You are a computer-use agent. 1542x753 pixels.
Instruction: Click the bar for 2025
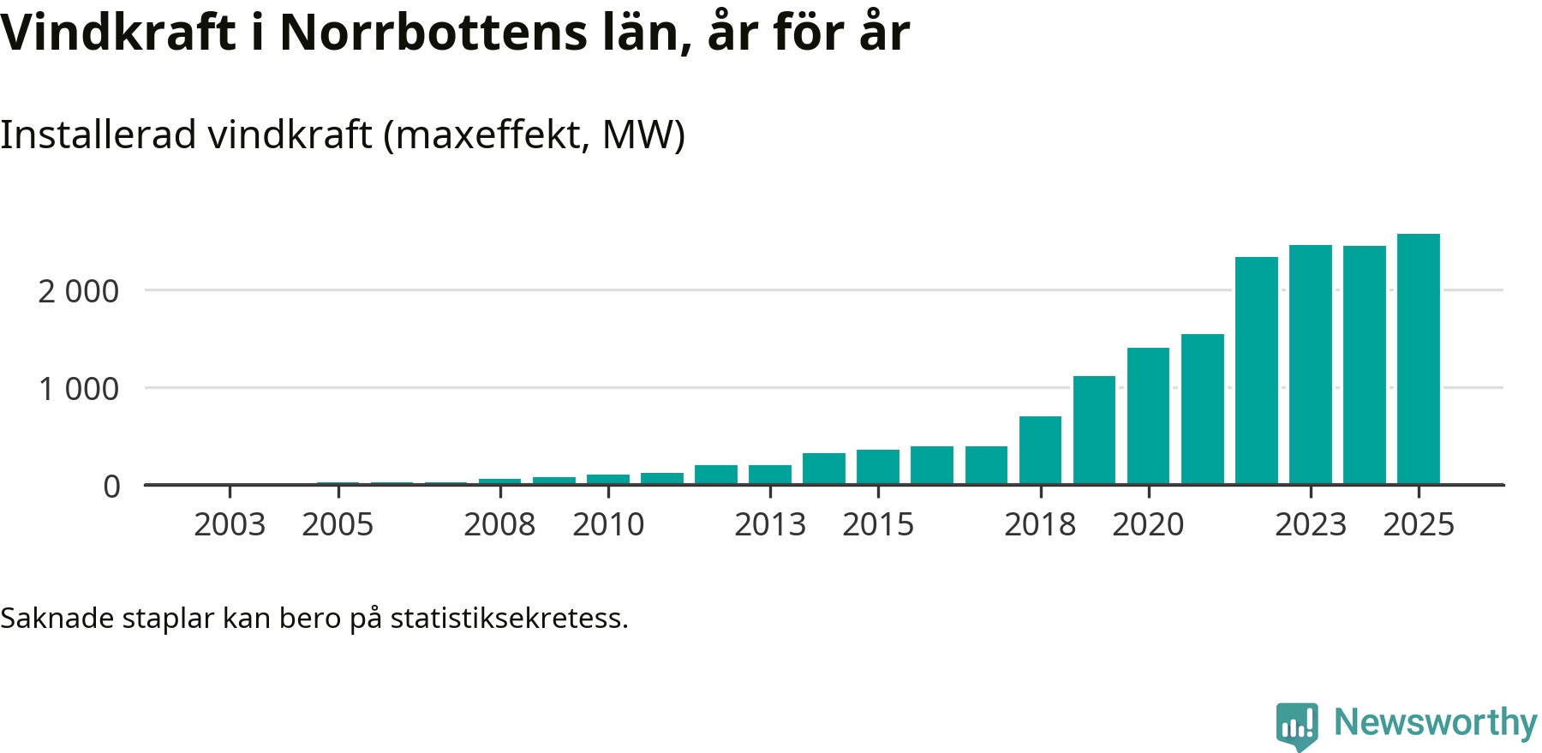(x=1419, y=360)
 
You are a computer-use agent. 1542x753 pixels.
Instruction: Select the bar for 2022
(x=1257, y=371)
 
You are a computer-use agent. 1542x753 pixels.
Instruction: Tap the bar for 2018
(x=1040, y=451)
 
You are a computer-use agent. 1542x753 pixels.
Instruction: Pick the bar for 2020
(x=1148, y=416)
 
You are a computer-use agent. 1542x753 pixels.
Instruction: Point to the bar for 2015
(x=878, y=467)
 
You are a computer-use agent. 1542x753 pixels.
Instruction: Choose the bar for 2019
(x=1094, y=430)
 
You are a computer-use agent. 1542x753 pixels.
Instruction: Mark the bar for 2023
(x=1311, y=365)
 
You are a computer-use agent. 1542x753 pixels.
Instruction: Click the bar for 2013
(x=770, y=475)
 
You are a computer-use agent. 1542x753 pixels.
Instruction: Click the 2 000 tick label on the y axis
(x=78, y=292)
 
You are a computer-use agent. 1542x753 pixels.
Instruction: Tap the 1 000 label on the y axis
(x=78, y=390)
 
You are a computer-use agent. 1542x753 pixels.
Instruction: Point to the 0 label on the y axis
(x=111, y=487)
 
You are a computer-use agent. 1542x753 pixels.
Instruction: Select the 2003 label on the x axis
(x=230, y=524)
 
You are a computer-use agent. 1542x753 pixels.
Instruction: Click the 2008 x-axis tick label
(x=499, y=524)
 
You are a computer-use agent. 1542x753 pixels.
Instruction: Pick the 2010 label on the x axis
(x=608, y=524)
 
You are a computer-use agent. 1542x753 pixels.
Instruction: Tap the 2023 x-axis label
(x=1311, y=524)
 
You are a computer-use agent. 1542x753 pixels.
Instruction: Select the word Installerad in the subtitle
(x=99, y=134)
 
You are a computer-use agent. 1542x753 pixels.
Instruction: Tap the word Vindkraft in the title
(x=118, y=33)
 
